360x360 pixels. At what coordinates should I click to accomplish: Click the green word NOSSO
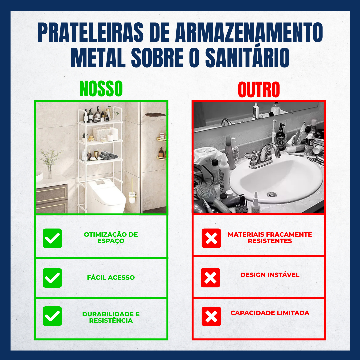pos(101,89)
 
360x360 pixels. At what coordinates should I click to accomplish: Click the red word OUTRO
pos(259,90)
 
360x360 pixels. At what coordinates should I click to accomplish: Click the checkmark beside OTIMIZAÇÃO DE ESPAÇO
pos(52,238)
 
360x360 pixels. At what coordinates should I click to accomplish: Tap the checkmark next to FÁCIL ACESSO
pos(52,278)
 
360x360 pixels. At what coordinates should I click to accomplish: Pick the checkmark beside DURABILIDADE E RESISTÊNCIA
pos(52,316)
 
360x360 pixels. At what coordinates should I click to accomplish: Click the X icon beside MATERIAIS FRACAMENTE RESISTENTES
pos(211,238)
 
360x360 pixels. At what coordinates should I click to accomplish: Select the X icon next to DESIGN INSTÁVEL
pos(210,277)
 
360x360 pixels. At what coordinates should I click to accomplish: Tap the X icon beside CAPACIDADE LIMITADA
pos(211,316)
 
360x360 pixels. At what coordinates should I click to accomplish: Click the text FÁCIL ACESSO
pos(111,277)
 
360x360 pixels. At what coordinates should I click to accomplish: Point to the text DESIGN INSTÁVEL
pos(270,275)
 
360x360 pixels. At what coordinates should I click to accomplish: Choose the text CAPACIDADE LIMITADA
pos(270,313)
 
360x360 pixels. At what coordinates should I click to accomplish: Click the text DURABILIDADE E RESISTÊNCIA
pos(111,317)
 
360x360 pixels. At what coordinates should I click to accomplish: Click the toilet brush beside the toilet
pos(132,193)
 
